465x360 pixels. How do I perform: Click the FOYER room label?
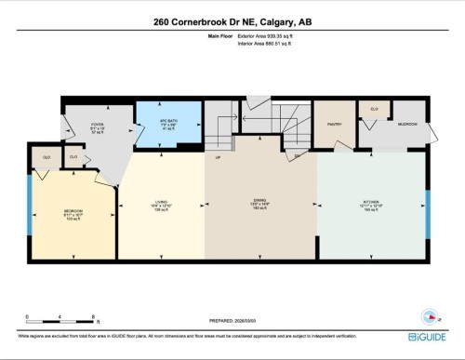[96, 127]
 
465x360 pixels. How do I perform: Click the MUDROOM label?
[407, 124]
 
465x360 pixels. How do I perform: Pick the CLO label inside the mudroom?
[375, 110]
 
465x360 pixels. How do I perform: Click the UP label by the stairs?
[218, 158]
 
